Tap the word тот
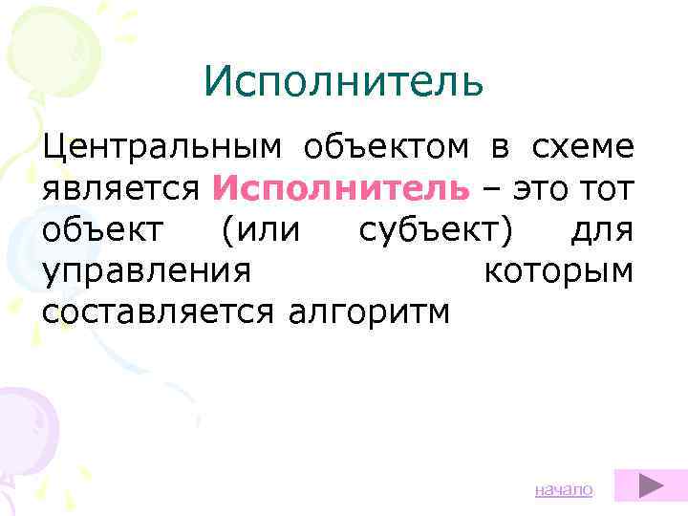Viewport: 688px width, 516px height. click(x=605, y=187)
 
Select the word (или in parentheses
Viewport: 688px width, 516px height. click(x=263, y=229)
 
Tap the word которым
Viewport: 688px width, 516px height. click(x=558, y=270)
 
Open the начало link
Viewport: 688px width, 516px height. click(x=564, y=489)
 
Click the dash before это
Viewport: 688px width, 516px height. click(x=491, y=187)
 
